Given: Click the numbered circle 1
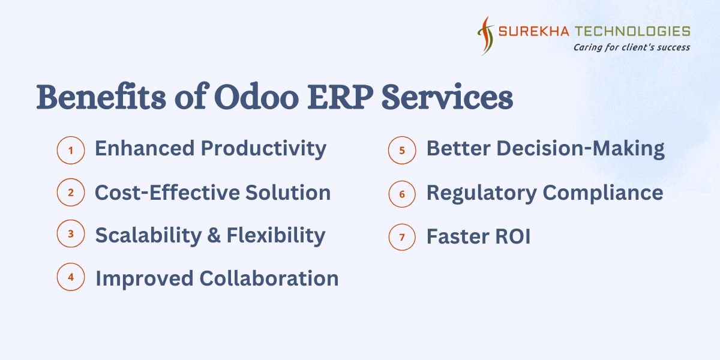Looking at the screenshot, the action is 71,150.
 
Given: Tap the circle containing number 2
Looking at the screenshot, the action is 71,192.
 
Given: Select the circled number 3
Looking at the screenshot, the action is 71,233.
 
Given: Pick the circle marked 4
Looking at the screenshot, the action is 71,277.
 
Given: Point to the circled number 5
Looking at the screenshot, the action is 402,150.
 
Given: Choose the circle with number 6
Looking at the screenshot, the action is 402,194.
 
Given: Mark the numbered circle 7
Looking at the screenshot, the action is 402,237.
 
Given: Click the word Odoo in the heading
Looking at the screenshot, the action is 257,97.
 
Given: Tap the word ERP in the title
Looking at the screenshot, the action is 340,97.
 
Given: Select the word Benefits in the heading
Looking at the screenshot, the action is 101,97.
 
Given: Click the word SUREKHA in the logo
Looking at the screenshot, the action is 533,31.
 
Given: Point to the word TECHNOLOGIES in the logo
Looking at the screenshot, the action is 632,31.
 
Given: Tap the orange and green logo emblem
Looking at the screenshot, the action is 485,35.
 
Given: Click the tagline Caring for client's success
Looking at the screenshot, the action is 632,47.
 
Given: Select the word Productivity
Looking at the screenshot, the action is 263,149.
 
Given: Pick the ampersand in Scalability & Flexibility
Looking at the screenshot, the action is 214,235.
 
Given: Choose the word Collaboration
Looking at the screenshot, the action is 269,278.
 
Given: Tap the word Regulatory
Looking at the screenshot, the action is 481,194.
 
